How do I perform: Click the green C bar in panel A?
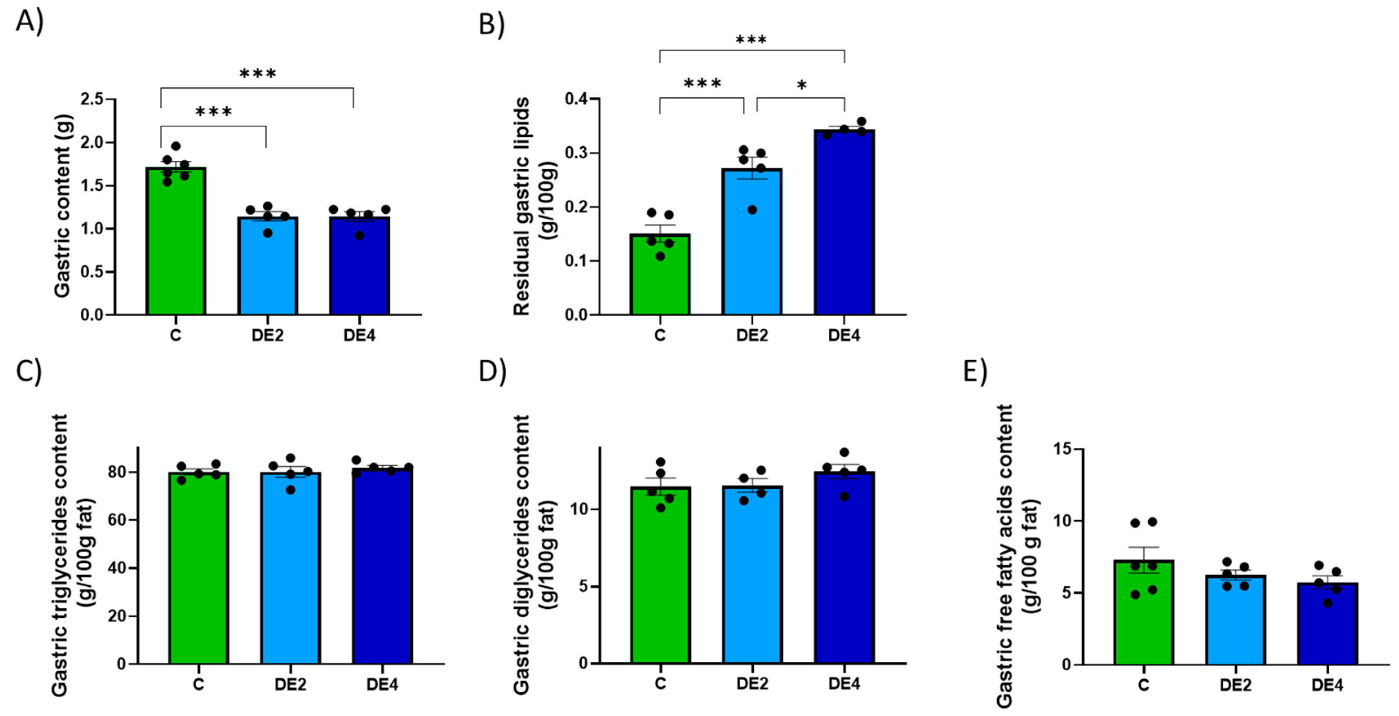[x=175, y=244]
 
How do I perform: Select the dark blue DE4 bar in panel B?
[x=843, y=228]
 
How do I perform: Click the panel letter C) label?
[x=28, y=372]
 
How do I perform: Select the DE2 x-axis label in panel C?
[x=290, y=685]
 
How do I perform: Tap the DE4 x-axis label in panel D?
[x=843, y=683]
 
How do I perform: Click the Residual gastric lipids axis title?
[x=521, y=206]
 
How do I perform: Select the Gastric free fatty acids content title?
[x=1005, y=557]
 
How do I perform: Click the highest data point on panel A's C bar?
[x=175, y=146]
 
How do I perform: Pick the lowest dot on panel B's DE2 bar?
[x=752, y=210]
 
